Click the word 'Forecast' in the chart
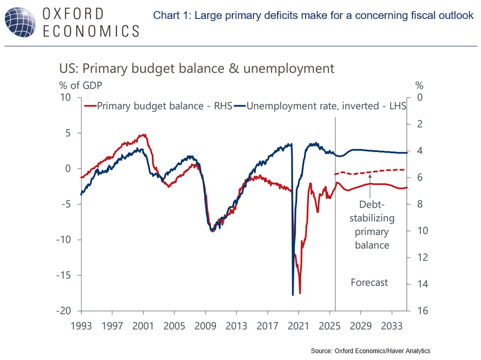(369, 283)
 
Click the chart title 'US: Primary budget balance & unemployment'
(197, 69)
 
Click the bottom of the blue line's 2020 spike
(293, 295)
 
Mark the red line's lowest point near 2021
(300, 293)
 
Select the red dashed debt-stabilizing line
(369, 171)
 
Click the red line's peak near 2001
(144, 134)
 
